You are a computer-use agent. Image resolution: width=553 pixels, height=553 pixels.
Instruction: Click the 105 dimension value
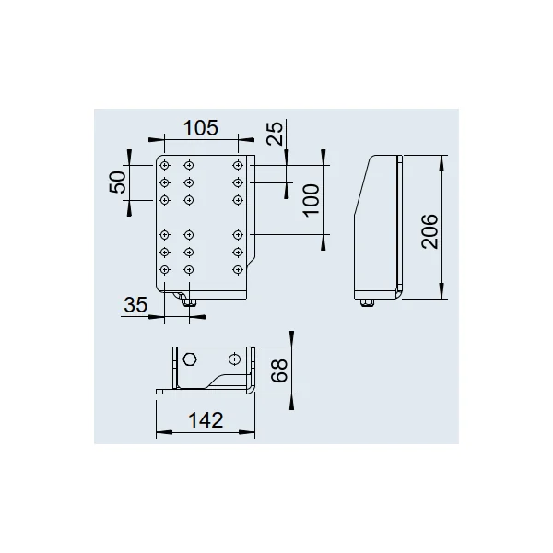[x=201, y=128]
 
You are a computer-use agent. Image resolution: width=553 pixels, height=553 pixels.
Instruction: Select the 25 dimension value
[x=276, y=134]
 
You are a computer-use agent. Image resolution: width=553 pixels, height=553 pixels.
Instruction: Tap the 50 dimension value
[x=118, y=182]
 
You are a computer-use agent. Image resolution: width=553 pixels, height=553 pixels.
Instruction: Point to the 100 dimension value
[x=312, y=200]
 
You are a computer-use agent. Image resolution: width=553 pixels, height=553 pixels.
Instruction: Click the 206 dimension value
[x=429, y=231]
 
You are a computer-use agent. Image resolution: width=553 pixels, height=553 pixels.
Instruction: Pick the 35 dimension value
[x=135, y=305]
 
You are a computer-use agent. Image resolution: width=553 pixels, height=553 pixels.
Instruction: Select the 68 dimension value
[x=279, y=371]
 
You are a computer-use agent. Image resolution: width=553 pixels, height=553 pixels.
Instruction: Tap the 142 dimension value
[x=206, y=420]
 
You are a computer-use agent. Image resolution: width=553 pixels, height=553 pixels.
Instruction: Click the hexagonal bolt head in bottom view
[x=190, y=359]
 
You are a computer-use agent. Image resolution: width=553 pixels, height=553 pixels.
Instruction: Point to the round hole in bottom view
[x=234, y=359]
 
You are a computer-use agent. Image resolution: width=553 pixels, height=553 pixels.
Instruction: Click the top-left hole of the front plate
[x=165, y=165]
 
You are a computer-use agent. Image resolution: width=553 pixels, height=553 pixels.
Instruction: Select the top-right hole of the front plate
[x=238, y=165]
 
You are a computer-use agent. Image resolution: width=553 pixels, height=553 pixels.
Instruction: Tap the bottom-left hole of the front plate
[x=165, y=270]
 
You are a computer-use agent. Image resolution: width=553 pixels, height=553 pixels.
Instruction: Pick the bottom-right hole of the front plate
[x=238, y=270]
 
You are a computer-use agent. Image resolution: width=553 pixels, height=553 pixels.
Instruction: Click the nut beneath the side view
[x=367, y=302]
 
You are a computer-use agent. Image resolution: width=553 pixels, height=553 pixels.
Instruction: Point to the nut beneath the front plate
[x=189, y=302]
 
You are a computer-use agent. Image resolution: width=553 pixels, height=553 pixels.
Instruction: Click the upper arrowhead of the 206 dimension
[x=441, y=163]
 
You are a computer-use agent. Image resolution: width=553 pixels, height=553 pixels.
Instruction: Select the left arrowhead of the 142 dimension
[x=164, y=432]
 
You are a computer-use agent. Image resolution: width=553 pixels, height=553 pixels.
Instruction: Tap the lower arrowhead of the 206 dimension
[x=441, y=291]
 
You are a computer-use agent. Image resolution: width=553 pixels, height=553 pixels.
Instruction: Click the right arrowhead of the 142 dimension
[x=246, y=432]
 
